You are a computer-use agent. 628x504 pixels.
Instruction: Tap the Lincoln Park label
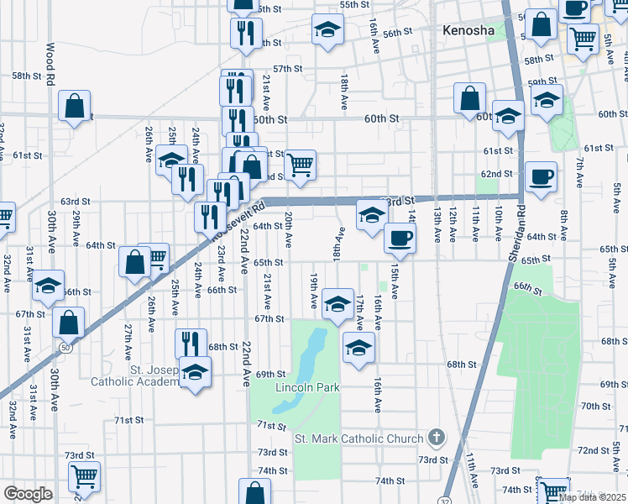[x=307, y=387]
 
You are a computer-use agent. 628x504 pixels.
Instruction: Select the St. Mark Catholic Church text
[x=358, y=438]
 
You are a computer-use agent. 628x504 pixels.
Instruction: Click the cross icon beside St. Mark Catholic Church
[x=435, y=437]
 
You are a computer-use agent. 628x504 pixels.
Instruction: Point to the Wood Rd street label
[x=50, y=63]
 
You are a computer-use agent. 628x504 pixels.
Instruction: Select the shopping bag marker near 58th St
[x=75, y=105]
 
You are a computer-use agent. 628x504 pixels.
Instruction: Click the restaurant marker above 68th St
[x=191, y=343]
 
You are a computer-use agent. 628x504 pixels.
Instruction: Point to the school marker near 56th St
[x=327, y=30]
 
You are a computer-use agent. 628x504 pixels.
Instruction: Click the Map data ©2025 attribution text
[x=593, y=497]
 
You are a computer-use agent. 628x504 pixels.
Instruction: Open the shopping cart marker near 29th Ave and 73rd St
[x=84, y=476]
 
